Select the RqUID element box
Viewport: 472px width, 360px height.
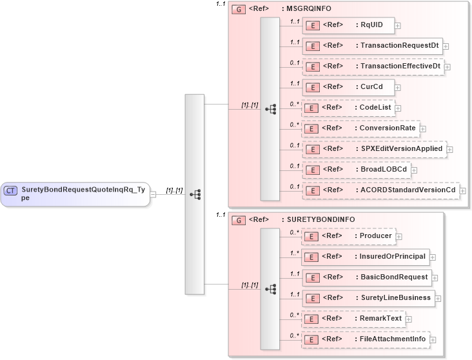pos(348,25)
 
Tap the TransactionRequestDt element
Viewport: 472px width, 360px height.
pos(372,46)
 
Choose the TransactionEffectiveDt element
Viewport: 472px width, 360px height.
pos(373,66)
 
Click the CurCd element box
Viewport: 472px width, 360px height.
pos(348,87)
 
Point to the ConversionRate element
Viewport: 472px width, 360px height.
pos(360,128)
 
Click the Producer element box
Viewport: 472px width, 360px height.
pos(349,236)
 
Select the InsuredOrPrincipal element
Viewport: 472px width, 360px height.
pos(366,257)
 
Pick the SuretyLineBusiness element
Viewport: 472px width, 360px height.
pos(369,297)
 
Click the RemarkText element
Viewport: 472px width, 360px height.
pos(353,319)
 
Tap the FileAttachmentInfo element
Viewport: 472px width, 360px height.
pos(366,339)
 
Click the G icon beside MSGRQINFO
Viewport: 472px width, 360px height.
pos(238,10)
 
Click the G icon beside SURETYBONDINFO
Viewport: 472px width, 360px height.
pos(238,220)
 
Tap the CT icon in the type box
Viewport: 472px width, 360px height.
pos(10,190)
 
